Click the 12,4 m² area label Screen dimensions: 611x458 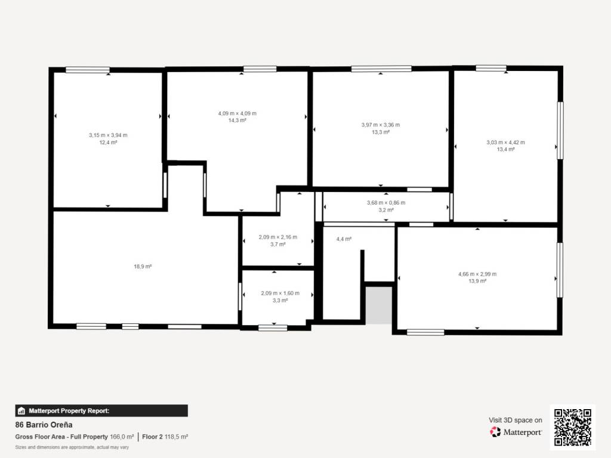coord(109,143)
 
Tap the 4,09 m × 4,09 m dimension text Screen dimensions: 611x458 coord(237,113)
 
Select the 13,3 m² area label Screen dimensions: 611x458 coord(381,132)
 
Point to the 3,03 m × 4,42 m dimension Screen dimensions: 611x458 coord(506,142)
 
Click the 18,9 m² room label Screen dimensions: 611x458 coord(143,267)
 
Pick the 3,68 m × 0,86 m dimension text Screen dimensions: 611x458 coord(386,203)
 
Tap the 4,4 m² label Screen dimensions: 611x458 coord(344,239)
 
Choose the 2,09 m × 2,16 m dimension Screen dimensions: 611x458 coord(278,237)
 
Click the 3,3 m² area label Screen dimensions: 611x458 coord(280,301)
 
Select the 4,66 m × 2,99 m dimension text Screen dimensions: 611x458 coord(477,274)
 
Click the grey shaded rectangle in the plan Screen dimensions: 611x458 coord(378,305)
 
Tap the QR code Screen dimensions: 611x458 coord(573,427)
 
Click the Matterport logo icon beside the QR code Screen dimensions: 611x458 coord(495,432)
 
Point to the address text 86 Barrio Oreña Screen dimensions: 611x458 coord(44,425)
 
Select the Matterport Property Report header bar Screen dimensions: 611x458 coord(101,410)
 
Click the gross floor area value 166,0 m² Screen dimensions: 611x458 coord(122,437)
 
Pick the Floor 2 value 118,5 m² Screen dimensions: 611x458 coord(176,437)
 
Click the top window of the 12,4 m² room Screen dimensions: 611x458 coord(88,70)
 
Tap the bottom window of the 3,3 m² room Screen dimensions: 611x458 coord(273,328)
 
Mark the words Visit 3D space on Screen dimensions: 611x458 coord(516,420)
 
